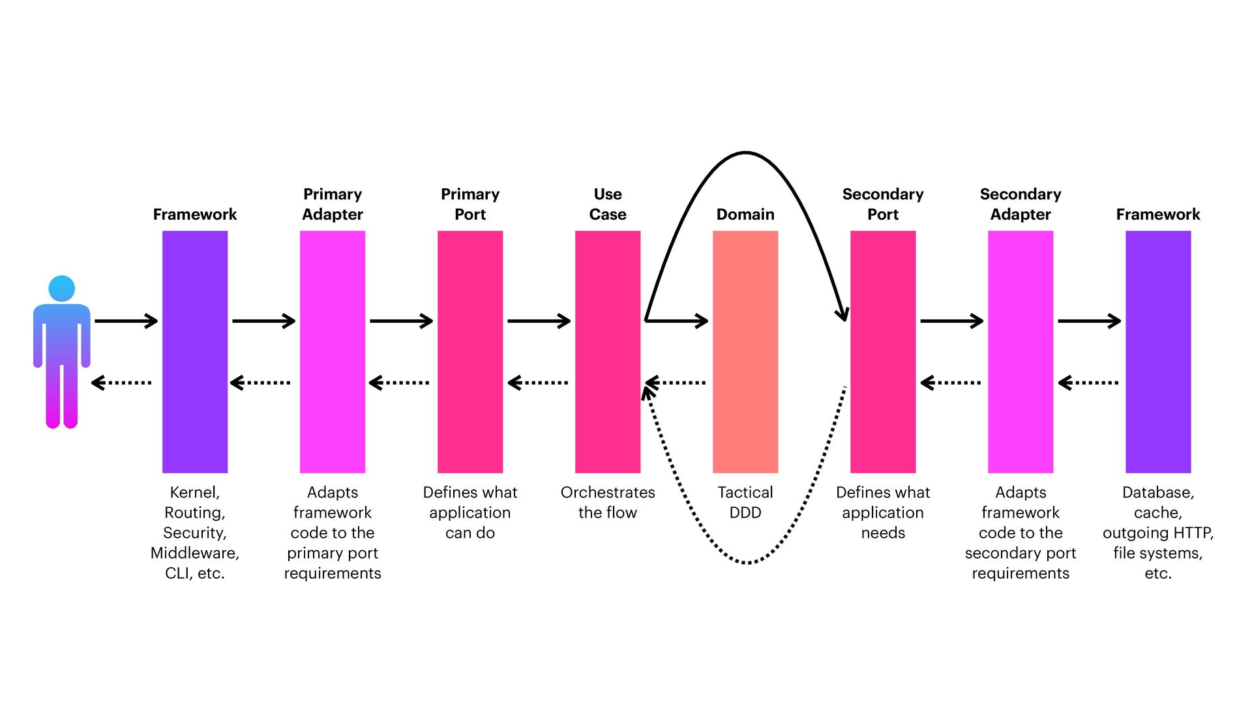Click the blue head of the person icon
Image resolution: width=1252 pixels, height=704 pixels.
pos(62,288)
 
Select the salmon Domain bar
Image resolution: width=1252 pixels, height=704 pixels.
pos(745,352)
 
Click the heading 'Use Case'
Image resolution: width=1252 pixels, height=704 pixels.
pos(608,204)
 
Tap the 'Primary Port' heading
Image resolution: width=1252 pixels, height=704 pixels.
pos(470,204)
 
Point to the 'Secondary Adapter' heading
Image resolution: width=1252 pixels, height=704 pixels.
pos(1021,204)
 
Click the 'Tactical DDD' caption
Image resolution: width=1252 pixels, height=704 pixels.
pos(745,503)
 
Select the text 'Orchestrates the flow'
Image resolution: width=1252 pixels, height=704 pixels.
pos(608,503)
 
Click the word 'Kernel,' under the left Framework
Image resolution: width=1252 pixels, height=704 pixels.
pos(195,492)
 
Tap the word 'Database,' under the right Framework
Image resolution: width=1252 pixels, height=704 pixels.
pos(1158,492)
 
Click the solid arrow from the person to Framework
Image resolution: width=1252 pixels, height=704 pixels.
pos(126,321)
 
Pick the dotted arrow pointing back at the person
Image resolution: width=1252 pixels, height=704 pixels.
pos(122,383)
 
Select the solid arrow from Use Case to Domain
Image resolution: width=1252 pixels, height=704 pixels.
pos(677,321)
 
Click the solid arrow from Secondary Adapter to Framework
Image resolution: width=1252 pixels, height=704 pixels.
pos(1089,321)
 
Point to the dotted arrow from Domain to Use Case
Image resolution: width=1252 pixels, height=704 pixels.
pos(676,383)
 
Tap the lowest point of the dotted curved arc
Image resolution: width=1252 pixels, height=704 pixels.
pos(747,562)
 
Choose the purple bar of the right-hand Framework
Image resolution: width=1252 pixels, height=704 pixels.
pos(1158,352)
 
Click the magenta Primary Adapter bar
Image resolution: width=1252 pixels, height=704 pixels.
pos(333,352)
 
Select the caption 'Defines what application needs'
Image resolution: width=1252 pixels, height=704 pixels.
pos(883,512)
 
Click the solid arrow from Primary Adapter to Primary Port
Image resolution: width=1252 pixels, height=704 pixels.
pos(401,321)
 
